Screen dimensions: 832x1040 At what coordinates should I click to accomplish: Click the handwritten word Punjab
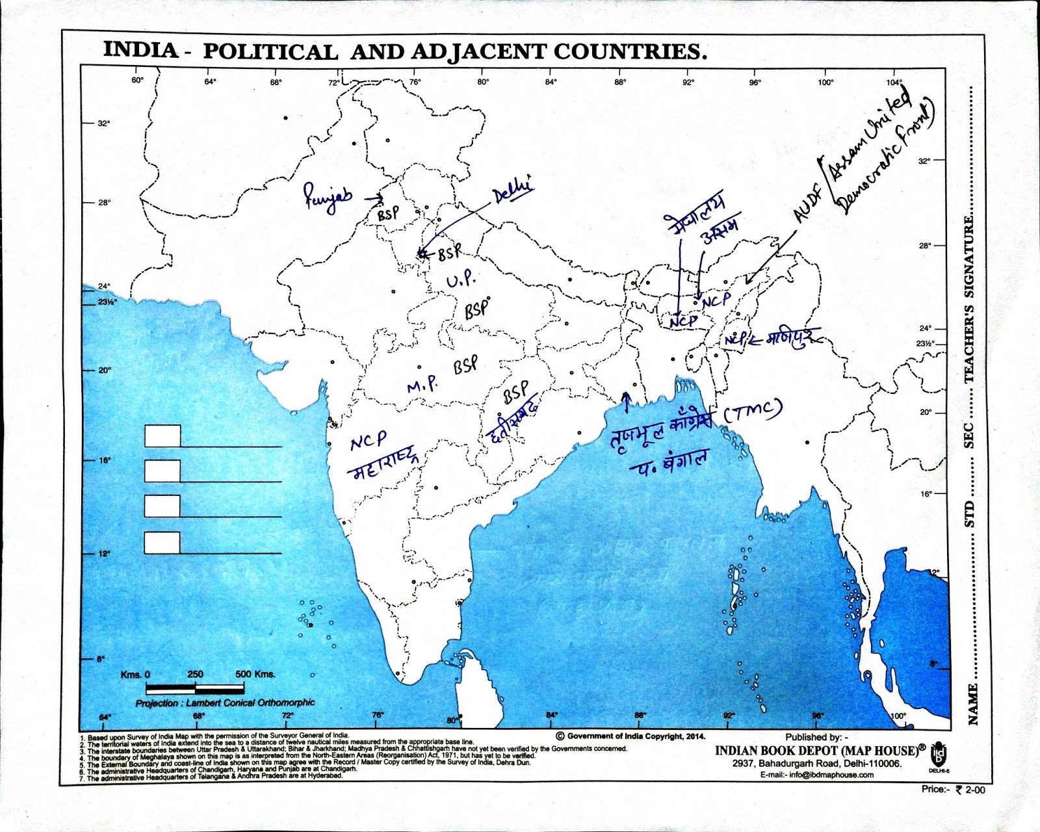tap(328, 196)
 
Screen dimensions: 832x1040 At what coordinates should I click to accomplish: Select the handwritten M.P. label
tap(422, 385)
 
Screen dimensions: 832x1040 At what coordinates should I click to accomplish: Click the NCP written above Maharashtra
tap(368, 441)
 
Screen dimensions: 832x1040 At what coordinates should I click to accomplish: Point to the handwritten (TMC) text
tap(753, 411)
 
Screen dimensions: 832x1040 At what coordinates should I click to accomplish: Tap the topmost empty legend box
tap(162, 436)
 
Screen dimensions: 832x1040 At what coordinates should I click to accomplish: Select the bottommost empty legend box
tap(162, 542)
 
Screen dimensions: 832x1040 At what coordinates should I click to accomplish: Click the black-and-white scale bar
tap(195, 688)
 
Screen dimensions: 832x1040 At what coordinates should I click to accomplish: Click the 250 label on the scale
tap(195, 674)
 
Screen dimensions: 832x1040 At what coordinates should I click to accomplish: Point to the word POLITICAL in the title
tap(270, 52)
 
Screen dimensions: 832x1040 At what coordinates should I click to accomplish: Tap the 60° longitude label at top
tap(137, 80)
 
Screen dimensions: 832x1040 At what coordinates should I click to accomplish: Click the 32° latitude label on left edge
tap(104, 123)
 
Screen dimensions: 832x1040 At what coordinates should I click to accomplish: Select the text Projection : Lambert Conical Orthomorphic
tap(225, 703)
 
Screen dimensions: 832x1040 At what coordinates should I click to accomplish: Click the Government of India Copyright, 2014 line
tap(630, 736)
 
